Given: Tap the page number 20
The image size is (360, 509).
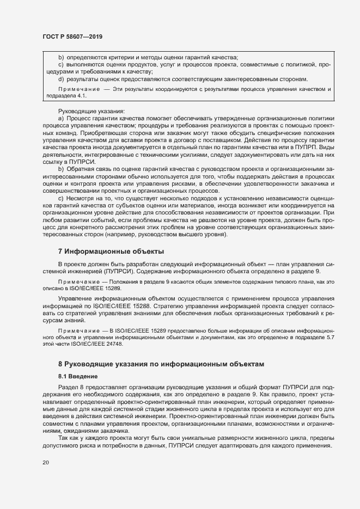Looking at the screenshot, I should coord(46,463).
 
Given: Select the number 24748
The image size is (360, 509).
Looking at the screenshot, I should coord(112,345).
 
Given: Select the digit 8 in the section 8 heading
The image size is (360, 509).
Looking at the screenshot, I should coord(60,364).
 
